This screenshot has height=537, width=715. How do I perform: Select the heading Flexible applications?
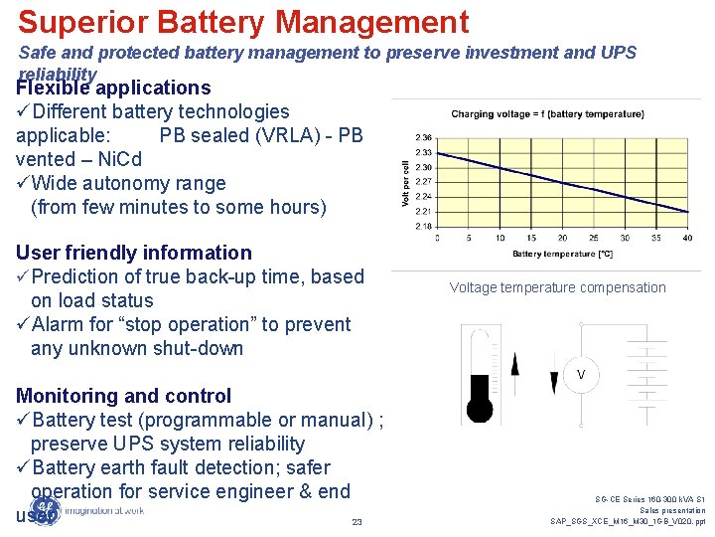click(113, 89)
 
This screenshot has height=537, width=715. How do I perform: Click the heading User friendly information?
click(134, 253)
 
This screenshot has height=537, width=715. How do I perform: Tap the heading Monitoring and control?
click(123, 396)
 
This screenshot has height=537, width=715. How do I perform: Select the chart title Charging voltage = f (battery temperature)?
click(547, 114)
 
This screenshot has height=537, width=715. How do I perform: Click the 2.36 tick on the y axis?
click(423, 137)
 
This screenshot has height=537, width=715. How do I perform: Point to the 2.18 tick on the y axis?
click(423, 226)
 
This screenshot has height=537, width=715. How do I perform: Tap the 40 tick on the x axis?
click(686, 238)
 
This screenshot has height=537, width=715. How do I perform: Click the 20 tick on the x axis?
click(562, 238)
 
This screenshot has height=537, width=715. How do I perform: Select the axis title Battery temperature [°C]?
click(562, 255)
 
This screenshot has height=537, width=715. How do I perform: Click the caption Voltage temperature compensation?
click(557, 287)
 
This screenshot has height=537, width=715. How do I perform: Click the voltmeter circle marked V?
click(581, 374)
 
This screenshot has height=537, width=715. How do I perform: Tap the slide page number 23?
click(357, 522)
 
